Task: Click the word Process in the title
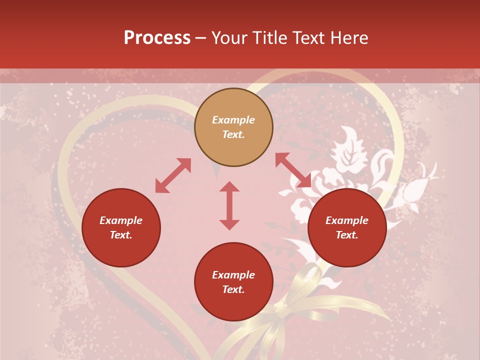157,38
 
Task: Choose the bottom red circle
233,305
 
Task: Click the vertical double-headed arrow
229,205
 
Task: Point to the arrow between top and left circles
173,175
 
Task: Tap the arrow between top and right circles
293,170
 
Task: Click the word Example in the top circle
233,120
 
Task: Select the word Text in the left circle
121,235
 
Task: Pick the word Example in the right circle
347,220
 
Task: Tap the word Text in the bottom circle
233,289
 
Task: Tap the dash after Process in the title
201,38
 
